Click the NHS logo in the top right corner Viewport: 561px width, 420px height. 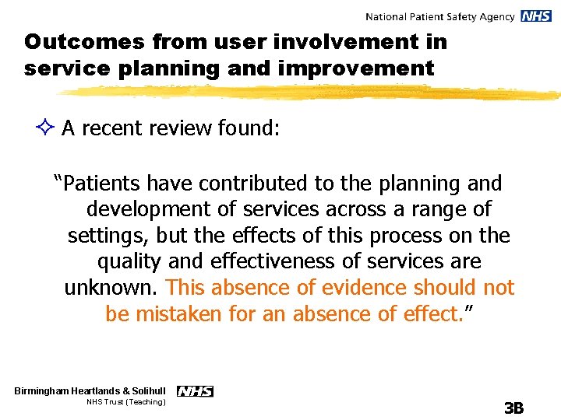(536, 16)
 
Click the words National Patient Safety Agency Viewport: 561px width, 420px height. (439, 16)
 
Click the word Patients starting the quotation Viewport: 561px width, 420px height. (101, 184)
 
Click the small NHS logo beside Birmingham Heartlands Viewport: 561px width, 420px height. (195, 391)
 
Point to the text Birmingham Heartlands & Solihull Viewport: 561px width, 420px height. (90, 391)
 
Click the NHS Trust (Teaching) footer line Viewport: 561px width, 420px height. (125, 403)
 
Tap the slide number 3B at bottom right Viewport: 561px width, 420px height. (513, 408)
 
